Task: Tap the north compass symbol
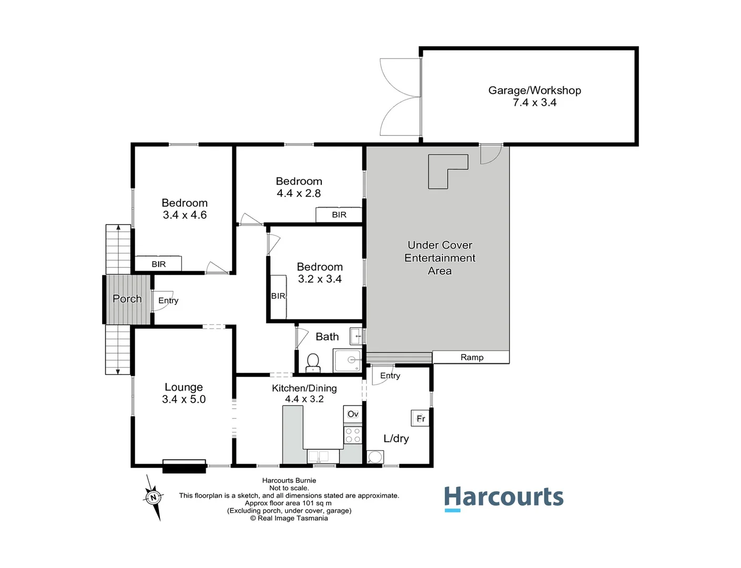pos(153,497)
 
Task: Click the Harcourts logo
pos(503,498)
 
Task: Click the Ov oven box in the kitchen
pos(353,414)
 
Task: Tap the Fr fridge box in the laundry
pos(420,418)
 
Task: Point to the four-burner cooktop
pos(353,435)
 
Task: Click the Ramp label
pos(472,357)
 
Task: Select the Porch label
pos(127,299)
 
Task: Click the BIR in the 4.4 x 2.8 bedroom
pos(339,215)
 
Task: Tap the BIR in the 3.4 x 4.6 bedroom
pos(158,264)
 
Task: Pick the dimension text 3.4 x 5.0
pos(184,399)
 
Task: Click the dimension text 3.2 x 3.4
pos(320,279)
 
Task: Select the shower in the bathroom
pos(348,360)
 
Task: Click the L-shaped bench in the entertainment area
pos(442,168)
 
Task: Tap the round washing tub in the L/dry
pos(375,457)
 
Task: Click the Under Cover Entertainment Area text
pos(440,258)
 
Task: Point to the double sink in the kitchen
pos(323,455)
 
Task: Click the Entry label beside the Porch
pos(168,300)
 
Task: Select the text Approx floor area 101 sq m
pos(288,503)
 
